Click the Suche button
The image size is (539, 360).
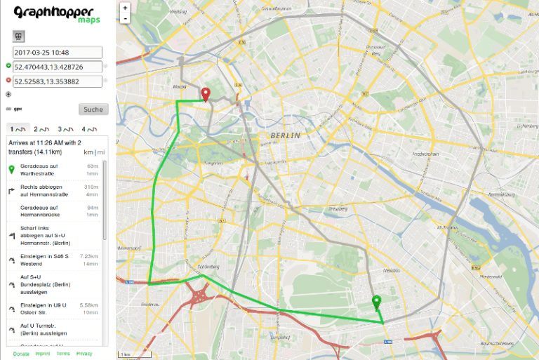click(93, 109)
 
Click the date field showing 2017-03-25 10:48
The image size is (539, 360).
click(58, 52)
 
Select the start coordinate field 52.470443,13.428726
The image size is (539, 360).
click(58, 67)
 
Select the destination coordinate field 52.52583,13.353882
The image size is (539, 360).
click(58, 81)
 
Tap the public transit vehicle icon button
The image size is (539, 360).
click(19, 36)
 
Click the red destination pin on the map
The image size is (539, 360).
click(206, 95)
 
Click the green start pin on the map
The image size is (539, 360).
click(377, 302)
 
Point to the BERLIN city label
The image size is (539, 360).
click(285, 135)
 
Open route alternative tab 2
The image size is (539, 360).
click(41, 129)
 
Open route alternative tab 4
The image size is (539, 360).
click(88, 129)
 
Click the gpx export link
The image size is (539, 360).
click(18, 109)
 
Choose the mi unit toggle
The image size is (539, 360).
click(101, 152)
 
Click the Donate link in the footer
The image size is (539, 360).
click(21, 354)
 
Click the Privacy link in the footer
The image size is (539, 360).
click(84, 354)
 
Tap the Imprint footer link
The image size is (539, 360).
click(42, 354)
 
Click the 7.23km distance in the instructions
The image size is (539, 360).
click(89, 257)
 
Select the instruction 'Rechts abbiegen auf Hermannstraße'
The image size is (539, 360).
click(48, 190)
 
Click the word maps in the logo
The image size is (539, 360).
click(89, 20)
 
